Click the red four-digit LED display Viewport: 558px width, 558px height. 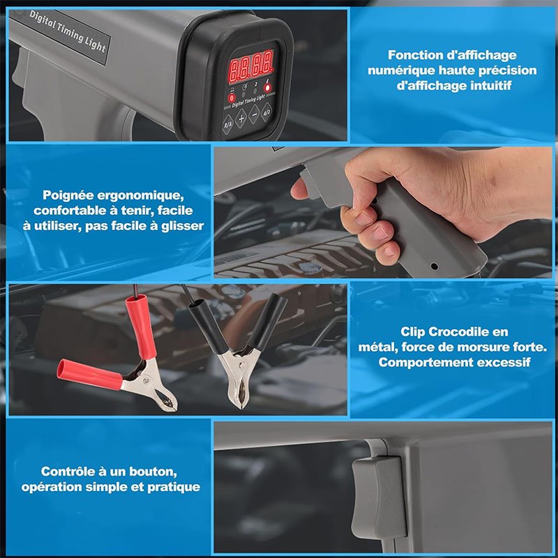click(x=251, y=66)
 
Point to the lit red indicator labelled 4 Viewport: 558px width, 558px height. click(x=267, y=87)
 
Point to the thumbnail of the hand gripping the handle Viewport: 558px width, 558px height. click(x=383, y=213)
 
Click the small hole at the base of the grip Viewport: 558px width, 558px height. click(x=434, y=266)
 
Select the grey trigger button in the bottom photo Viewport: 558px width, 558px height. click(x=379, y=497)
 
